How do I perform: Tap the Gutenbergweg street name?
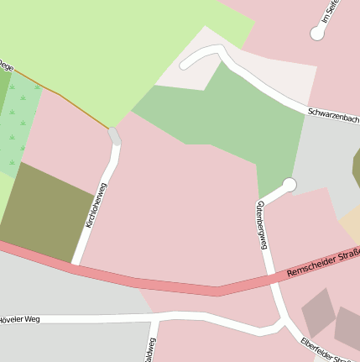click(262, 224)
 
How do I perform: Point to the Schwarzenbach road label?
click(333, 116)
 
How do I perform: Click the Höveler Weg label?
click(20, 319)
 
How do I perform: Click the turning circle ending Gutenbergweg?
click(290, 184)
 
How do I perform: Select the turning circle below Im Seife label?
click(317, 34)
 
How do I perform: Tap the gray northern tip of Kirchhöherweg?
click(114, 135)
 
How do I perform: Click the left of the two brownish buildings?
click(318, 312)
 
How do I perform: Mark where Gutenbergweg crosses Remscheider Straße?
click(271, 281)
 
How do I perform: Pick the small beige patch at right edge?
click(351, 224)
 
